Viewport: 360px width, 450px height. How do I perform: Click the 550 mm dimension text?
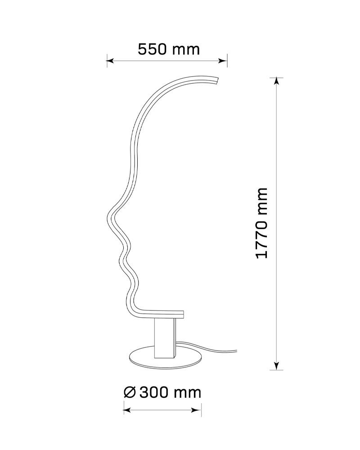pyautogui.click(x=169, y=49)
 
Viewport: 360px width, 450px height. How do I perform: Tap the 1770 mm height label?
pyautogui.click(x=261, y=223)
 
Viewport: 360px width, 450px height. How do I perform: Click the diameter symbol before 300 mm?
pyautogui.click(x=130, y=392)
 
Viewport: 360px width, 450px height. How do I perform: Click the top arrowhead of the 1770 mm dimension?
pyautogui.click(x=276, y=81)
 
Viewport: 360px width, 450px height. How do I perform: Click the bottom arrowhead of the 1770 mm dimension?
pyautogui.click(x=276, y=366)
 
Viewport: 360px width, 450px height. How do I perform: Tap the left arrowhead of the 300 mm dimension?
pyautogui.click(x=126, y=410)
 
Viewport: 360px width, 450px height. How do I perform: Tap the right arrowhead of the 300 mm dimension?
pyautogui.click(x=198, y=410)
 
